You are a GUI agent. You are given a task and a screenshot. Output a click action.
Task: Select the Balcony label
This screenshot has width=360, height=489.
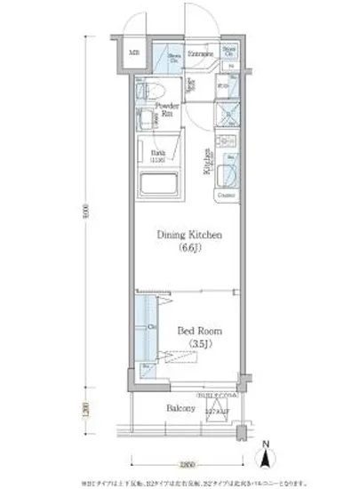pyautogui.click(x=181, y=411)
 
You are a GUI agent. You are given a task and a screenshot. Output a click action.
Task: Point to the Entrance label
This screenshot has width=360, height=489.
pyautogui.click(x=198, y=53)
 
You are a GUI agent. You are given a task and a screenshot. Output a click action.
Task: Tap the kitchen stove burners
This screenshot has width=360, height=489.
pyautogui.click(x=226, y=142)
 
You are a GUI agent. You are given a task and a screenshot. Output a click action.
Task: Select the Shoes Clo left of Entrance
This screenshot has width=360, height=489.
pyautogui.click(x=174, y=57)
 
